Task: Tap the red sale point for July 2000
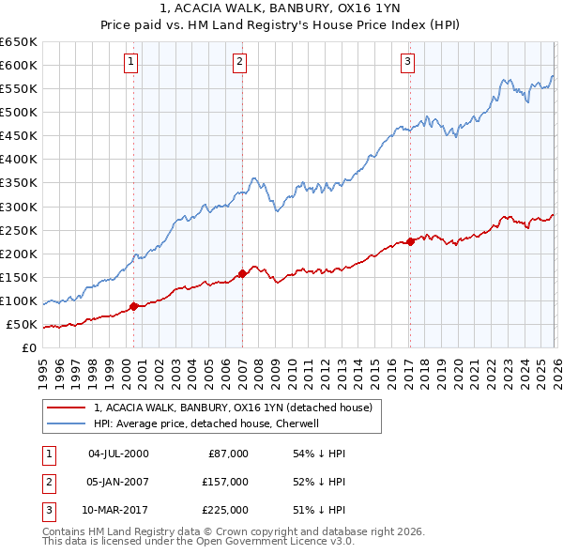coord(133,306)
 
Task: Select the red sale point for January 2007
coord(242,273)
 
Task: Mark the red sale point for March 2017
coord(411,241)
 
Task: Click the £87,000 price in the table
coord(225,454)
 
